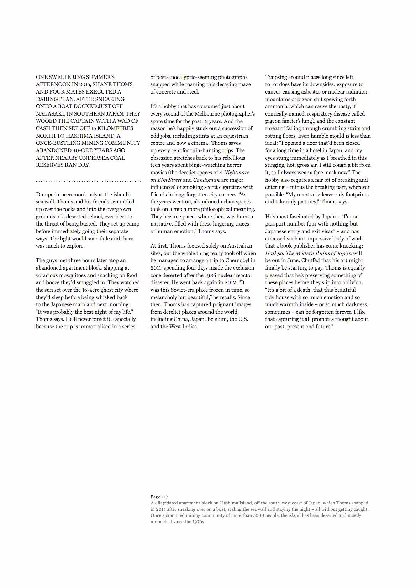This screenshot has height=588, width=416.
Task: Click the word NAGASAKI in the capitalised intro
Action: click(50, 114)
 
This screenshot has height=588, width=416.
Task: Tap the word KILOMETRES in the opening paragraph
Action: click(115, 128)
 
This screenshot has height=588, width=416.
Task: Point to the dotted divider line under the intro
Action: click(89, 181)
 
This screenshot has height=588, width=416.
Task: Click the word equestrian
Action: click(236, 136)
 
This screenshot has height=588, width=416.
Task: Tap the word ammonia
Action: click(276, 106)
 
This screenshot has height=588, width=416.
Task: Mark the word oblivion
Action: click(352, 282)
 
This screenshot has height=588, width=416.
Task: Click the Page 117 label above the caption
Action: click(159, 497)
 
